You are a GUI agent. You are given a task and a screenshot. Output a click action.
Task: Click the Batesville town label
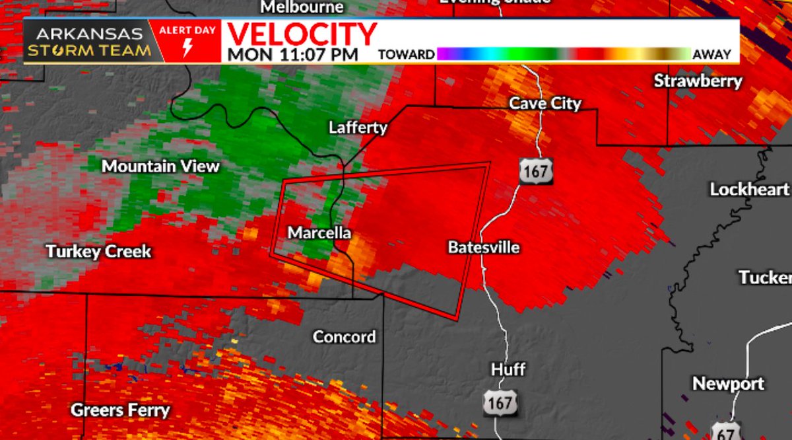pyautogui.click(x=484, y=248)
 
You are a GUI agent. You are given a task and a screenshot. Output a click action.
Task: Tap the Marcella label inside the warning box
pyautogui.click(x=319, y=233)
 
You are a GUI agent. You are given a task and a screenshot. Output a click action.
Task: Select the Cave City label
pyautogui.click(x=545, y=103)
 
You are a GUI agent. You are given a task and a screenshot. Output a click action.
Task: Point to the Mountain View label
pyautogui.click(x=160, y=166)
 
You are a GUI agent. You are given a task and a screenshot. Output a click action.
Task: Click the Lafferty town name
pyautogui.click(x=358, y=128)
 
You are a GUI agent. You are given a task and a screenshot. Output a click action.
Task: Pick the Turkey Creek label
pyautogui.click(x=98, y=251)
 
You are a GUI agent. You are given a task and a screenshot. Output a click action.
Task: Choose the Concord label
pyautogui.click(x=345, y=336)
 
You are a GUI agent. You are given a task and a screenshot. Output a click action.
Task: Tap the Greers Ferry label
pyautogui.click(x=120, y=410)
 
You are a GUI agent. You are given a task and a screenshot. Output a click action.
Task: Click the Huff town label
pyautogui.click(x=508, y=369)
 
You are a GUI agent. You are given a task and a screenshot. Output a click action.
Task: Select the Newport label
pyautogui.click(x=728, y=383)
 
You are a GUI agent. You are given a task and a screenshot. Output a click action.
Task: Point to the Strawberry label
pyautogui.click(x=698, y=81)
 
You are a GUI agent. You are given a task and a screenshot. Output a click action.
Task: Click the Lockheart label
pyautogui.click(x=749, y=189)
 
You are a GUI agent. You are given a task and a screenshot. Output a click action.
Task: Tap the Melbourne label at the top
pyautogui.click(x=303, y=7)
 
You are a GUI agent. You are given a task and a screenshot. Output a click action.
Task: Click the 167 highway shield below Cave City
pyautogui.click(x=534, y=171)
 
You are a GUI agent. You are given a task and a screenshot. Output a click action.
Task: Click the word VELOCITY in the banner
pyautogui.click(x=302, y=34)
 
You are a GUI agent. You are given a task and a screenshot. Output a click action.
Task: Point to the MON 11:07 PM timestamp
pyautogui.click(x=293, y=54)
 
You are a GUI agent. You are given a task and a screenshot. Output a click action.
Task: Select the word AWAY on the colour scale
pyautogui.click(x=711, y=55)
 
